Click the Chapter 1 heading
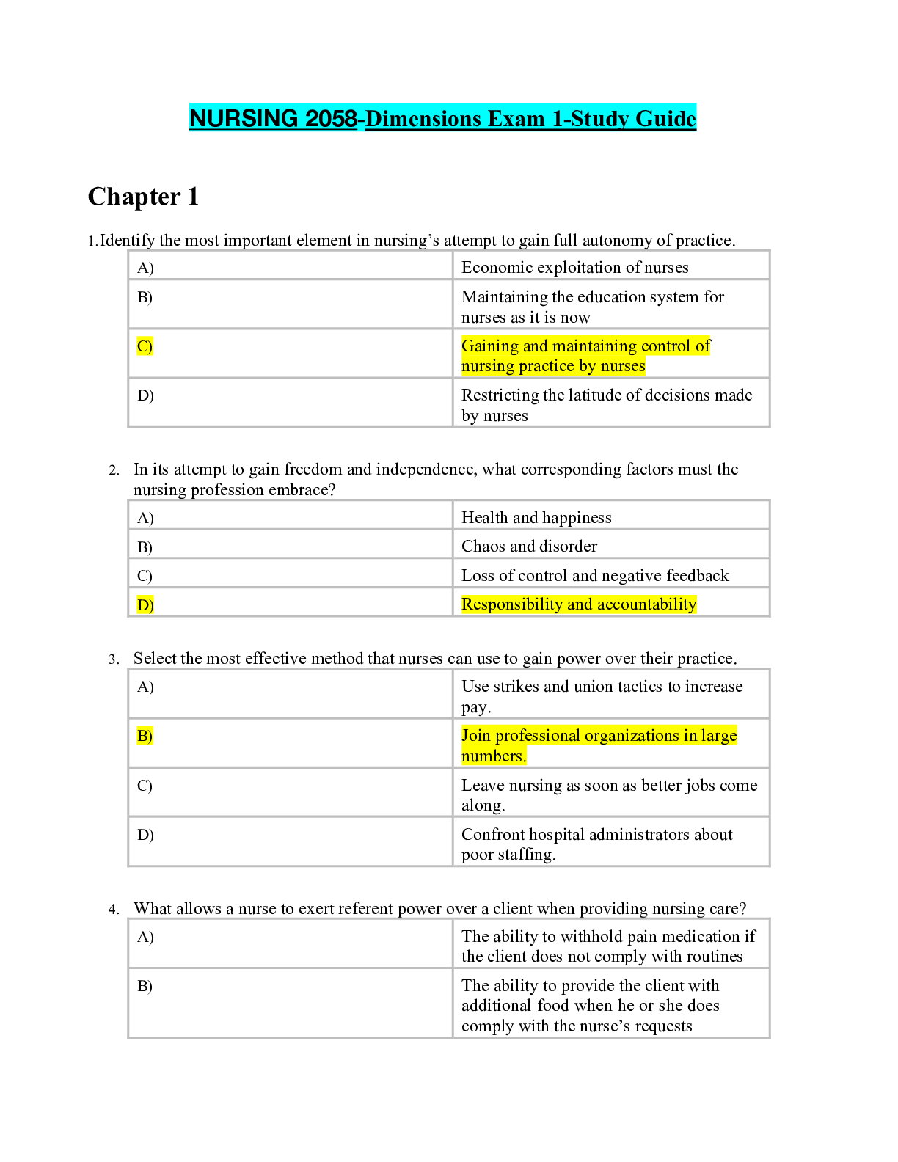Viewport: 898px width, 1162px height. click(143, 197)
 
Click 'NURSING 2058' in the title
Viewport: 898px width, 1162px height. click(273, 118)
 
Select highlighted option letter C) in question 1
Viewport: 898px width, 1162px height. click(145, 346)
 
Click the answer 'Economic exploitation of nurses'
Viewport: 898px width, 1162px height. click(574, 267)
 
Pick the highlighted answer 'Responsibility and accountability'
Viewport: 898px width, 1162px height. click(578, 604)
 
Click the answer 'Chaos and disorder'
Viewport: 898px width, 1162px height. click(529, 546)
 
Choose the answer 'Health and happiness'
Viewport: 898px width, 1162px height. click(536, 517)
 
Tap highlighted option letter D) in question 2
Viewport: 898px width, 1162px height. click(145, 604)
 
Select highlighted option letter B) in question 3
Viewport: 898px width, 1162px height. click(145, 735)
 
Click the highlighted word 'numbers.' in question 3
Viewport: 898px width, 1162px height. click(494, 756)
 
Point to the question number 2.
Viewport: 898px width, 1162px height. click(113, 470)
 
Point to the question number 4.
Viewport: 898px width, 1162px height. click(113, 910)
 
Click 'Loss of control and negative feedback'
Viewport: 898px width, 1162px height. click(595, 575)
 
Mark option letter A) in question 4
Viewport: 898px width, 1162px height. click(145, 937)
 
